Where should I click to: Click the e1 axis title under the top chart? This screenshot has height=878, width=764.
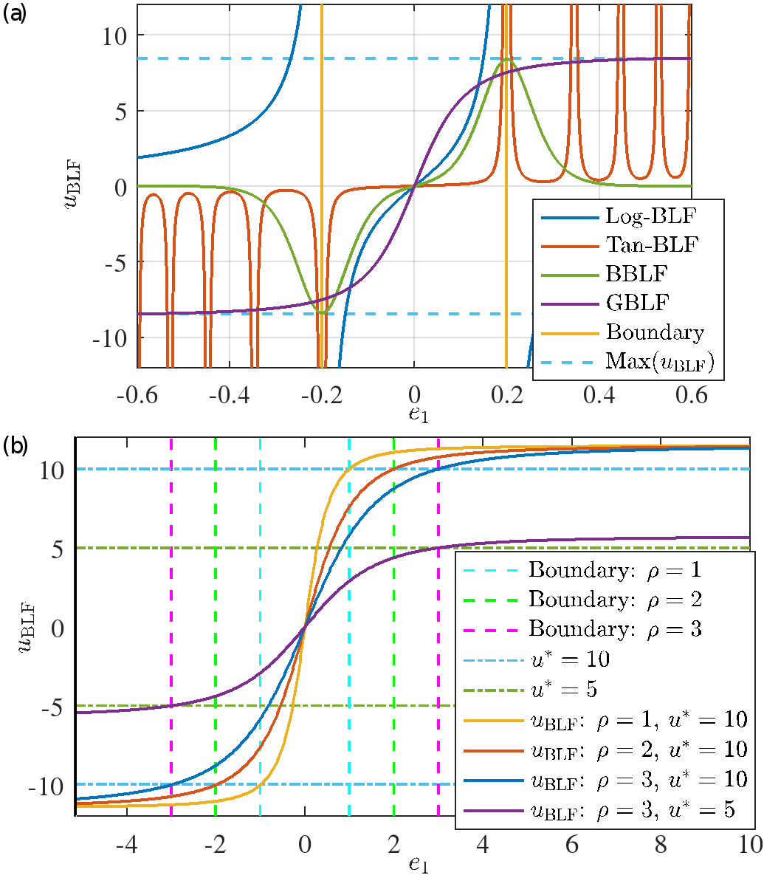point(419,416)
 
